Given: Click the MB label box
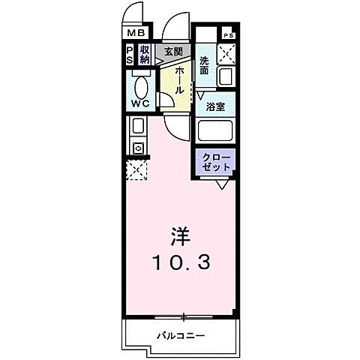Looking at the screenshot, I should point(135,34).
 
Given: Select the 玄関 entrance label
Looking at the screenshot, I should point(173,51).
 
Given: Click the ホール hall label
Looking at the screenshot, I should point(181,78).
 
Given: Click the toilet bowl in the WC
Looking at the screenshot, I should point(139,83).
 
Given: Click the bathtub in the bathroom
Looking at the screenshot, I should point(216,132).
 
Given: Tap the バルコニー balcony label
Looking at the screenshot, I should point(181,334).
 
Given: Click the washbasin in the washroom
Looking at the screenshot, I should point(226,77).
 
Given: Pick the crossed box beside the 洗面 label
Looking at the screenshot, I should point(226,53).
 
